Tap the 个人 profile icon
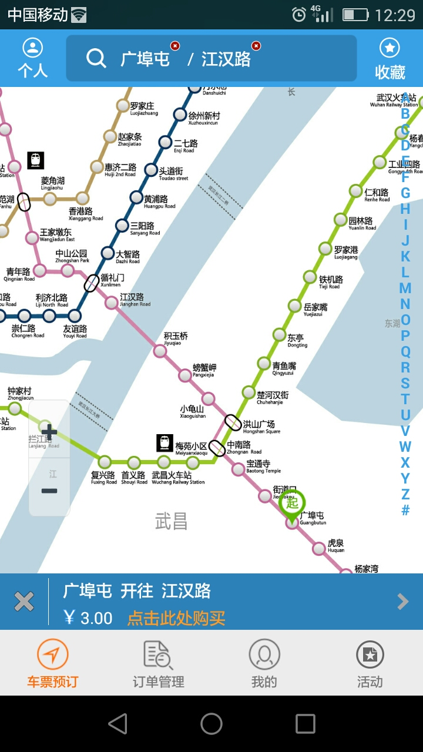(x=33, y=58)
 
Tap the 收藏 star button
(x=390, y=58)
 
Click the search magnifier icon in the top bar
(x=96, y=58)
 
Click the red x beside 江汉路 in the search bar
(x=256, y=46)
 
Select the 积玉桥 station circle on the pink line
(x=160, y=351)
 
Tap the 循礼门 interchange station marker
(x=92, y=283)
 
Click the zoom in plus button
(x=49, y=432)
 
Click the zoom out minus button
(x=49, y=491)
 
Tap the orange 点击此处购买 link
(x=176, y=618)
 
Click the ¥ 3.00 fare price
(x=88, y=618)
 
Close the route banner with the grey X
(x=24, y=602)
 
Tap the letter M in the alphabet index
(x=405, y=288)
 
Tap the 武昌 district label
(x=171, y=521)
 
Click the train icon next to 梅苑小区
(x=165, y=443)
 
